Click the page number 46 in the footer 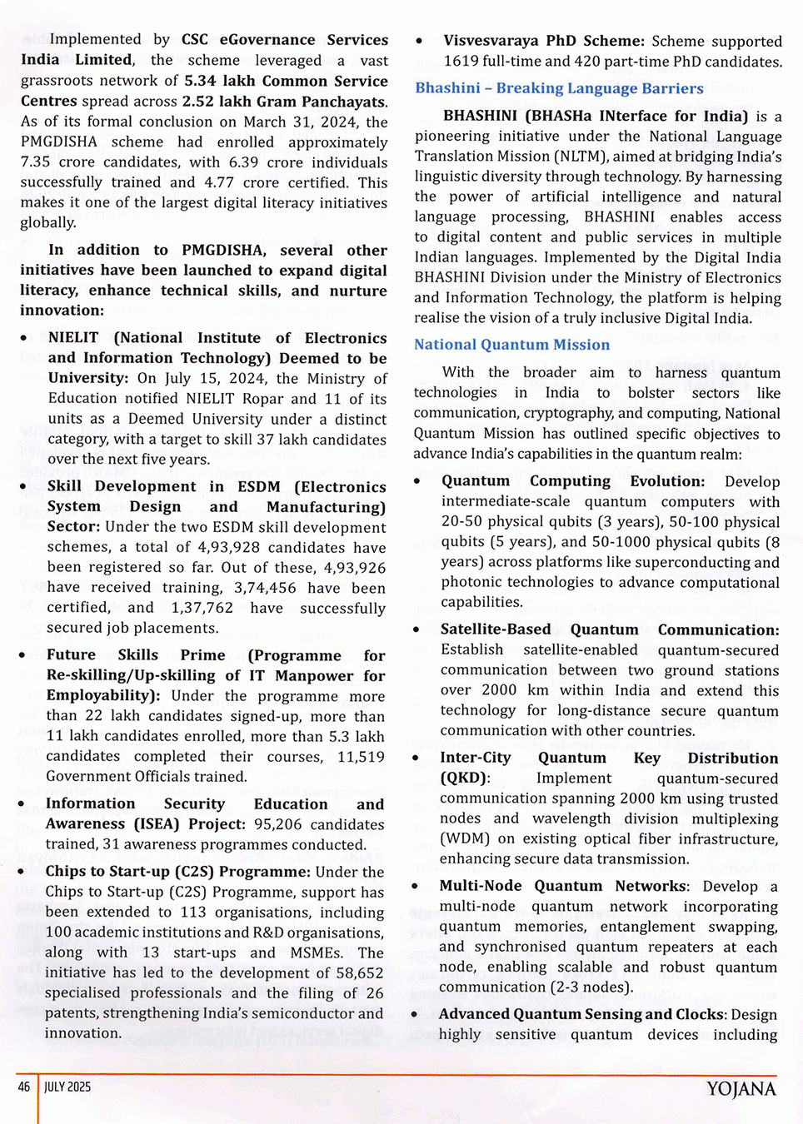23,1087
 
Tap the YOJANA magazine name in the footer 741,1089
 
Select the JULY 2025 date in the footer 67,1087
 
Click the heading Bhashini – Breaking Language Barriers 559,88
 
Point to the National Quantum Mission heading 511,345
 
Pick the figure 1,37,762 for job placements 202,608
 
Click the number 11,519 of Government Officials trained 361,757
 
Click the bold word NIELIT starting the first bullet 73,338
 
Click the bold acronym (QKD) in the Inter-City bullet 464,778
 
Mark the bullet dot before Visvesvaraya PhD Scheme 419,41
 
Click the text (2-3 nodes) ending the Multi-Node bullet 591,987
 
